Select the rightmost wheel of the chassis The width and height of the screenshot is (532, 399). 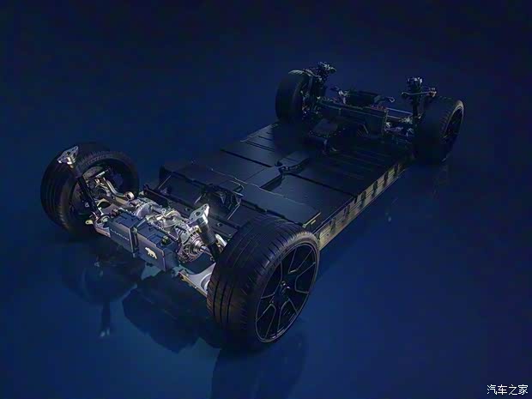[x=441, y=129]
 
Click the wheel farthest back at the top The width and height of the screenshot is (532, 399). [x=291, y=94]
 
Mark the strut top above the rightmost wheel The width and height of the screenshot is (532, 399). [x=416, y=86]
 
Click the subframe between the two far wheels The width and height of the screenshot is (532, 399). [x=360, y=112]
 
